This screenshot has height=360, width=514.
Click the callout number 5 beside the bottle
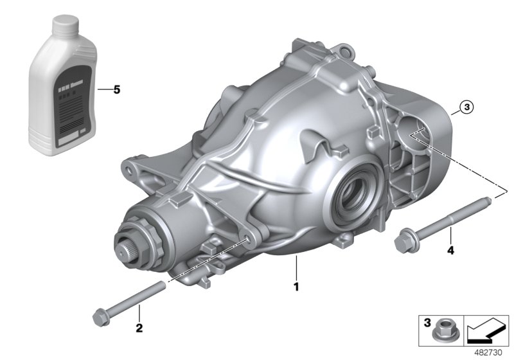116,90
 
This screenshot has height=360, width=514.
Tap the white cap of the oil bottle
64,26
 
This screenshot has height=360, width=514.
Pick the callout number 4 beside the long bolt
450,250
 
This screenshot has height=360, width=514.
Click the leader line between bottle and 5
103,90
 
